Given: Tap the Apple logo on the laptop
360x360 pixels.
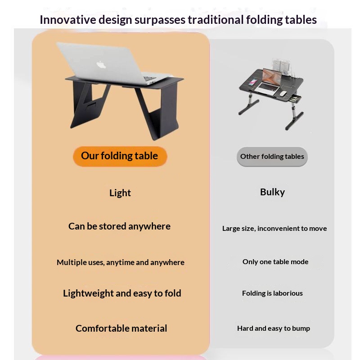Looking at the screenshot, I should tap(101, 63).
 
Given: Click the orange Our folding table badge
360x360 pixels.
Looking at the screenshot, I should tap(120, 156).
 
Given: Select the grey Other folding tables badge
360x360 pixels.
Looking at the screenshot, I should tap(272, 157).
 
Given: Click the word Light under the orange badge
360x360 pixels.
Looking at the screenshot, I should tap(120, 193).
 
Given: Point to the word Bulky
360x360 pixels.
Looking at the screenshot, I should tap(272, 192).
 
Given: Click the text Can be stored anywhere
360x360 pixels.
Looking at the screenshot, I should tap(119, 226).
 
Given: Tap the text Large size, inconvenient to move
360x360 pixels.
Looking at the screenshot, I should tap(274, 229).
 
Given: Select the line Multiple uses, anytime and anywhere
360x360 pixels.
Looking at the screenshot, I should tap(120, 262).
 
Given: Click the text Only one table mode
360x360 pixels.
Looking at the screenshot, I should tap(275, 262).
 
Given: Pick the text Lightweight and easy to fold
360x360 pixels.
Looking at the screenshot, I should tap(122, 293).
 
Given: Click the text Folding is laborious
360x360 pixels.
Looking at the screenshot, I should tap(272, 293).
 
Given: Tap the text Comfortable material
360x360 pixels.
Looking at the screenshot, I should tap(121, 328).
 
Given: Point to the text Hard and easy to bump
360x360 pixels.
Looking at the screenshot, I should tap(273, 328).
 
